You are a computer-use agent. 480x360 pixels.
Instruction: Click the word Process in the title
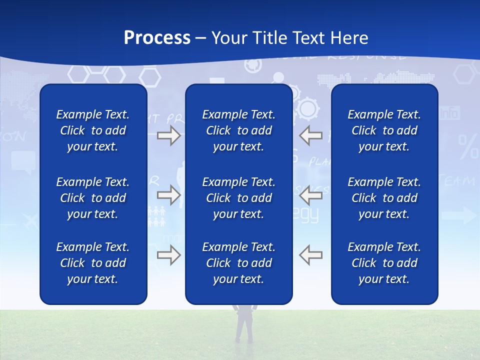click(157, 38)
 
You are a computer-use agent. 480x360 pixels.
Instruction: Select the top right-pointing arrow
click(168, 135)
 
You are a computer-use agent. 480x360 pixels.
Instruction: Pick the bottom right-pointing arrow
click(168, 255)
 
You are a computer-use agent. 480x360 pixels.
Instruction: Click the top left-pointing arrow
click(311, 135)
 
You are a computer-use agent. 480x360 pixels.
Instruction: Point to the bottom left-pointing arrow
click(311, 255)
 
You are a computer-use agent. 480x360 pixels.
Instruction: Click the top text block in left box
click(93, 130)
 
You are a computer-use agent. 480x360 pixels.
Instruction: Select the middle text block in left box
click(93, 198)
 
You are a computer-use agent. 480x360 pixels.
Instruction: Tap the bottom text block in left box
click(93, 263)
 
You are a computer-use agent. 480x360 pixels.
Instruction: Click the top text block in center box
click(239, 130)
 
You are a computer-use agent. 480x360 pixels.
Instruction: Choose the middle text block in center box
click(239, 198)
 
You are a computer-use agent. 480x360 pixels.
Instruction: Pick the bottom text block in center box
click(239, 263)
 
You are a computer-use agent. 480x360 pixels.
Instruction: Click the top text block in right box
click(384, 130)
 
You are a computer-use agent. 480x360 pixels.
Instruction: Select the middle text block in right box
click(384, 198)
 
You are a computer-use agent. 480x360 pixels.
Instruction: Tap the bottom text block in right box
click(384, 263)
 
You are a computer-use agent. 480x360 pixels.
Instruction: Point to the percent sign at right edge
click(468, 146)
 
